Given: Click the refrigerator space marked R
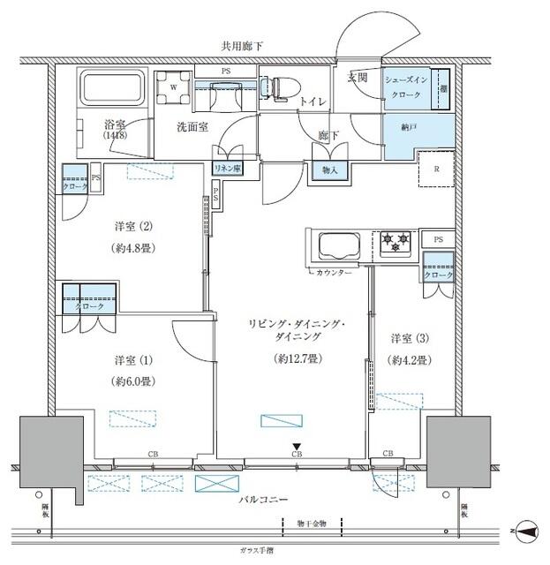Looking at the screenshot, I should click(x=436, y=169).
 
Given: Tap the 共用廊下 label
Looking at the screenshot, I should click(x=245, y=45).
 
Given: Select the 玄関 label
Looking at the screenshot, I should click(x=357, y=78).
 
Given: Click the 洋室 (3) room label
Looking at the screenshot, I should click(x=411, y=337).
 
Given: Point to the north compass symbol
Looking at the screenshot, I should click(x=526, y=531).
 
